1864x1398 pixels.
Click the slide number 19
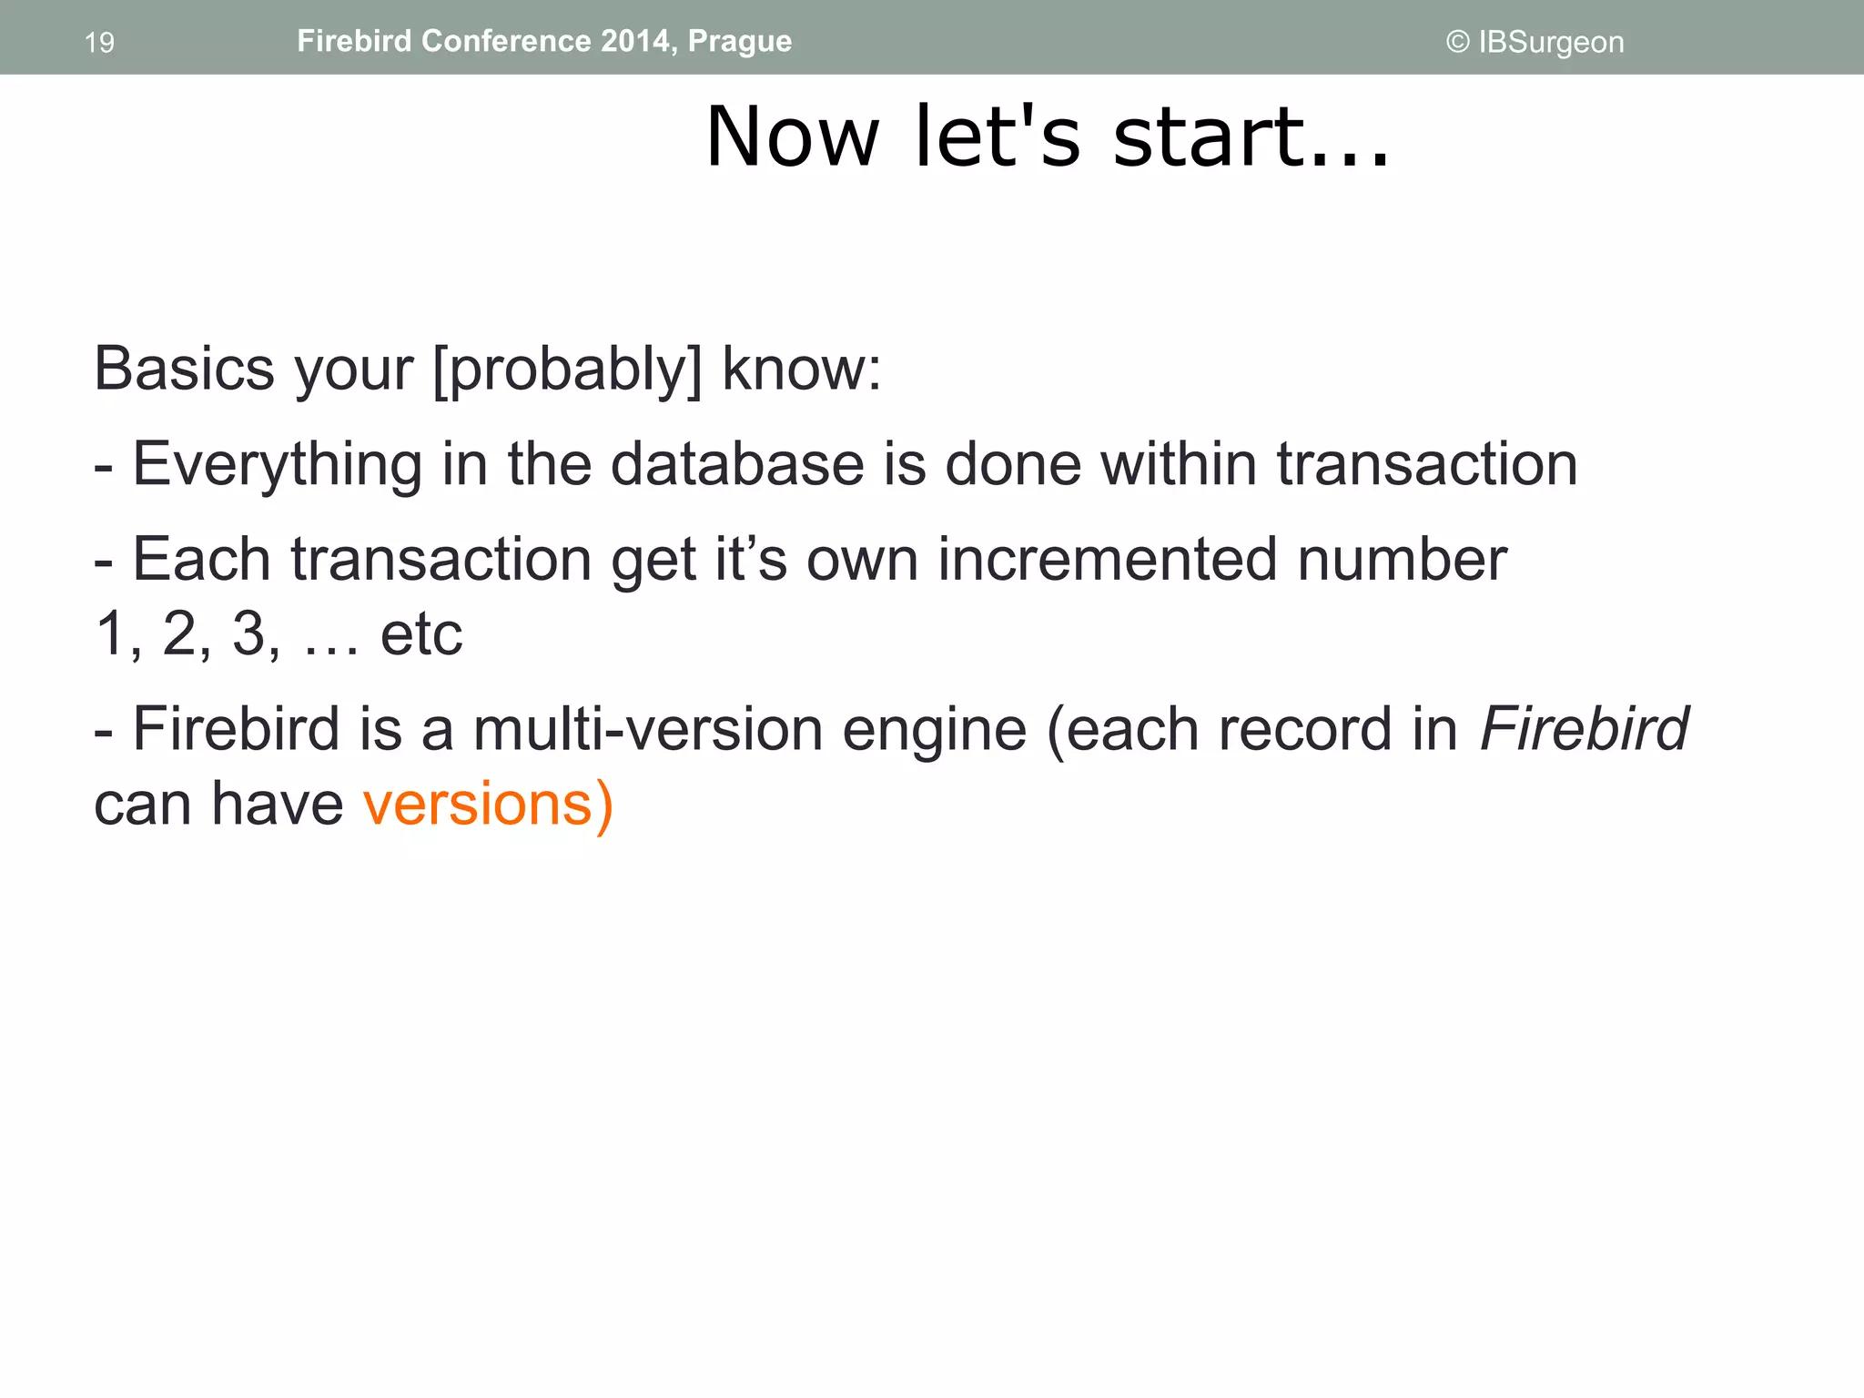[99, 43]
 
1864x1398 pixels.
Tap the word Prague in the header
[739, 42]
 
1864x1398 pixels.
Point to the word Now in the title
[792, 137]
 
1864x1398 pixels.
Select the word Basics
[184, 370]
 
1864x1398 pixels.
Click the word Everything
[278, 465]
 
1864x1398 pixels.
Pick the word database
[737, 464]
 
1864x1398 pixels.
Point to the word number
[1402, 559]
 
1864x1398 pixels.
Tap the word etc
[420, 634]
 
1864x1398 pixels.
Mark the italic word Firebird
[1584, 729]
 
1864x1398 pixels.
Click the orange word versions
[479, 805]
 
